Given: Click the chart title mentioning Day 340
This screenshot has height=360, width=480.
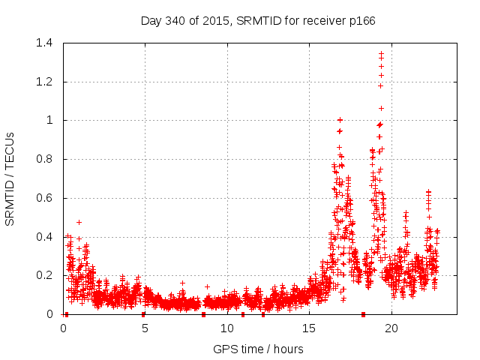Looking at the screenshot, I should point(258,20).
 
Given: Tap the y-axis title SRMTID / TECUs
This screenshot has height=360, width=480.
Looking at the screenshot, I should point(10,178).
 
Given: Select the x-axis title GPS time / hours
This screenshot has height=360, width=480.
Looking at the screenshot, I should point(258,349).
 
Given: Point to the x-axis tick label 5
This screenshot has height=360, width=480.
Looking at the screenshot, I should point(145,328).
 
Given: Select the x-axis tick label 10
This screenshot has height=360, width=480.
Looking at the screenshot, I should point(227,328).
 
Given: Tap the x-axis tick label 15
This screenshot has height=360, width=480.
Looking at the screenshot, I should point(309,328).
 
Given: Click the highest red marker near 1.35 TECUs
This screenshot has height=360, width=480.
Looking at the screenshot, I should point(381,53).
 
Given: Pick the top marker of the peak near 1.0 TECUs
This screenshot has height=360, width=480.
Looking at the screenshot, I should point(340,120).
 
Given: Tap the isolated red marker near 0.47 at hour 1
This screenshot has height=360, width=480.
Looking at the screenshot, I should point(79,222).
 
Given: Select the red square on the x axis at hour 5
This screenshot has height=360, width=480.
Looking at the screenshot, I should point(144,314).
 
